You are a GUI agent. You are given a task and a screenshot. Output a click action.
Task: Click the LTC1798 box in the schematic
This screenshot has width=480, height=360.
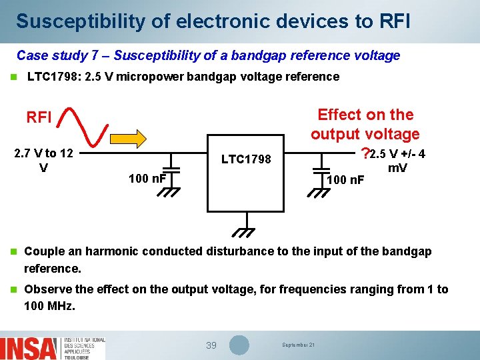246,177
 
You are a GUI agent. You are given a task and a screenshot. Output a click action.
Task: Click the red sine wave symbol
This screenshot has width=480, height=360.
85,123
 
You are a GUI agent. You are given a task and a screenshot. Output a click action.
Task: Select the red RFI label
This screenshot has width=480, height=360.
39,118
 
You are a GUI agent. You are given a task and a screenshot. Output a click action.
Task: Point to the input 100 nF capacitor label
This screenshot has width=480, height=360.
147,178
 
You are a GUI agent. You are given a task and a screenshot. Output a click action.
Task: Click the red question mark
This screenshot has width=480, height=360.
364,154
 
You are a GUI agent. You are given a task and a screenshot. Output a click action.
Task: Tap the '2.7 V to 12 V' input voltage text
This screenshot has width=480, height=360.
43,161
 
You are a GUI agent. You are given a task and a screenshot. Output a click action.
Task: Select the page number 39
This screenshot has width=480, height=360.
211,345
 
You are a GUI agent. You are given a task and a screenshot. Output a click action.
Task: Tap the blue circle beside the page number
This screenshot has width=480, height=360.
239,345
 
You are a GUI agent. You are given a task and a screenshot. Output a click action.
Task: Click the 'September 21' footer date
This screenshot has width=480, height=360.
299,345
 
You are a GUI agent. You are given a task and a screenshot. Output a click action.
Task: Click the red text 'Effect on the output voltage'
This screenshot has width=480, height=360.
365,124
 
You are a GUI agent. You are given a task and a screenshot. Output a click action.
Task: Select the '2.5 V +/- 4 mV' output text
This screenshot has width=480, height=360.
398,161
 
